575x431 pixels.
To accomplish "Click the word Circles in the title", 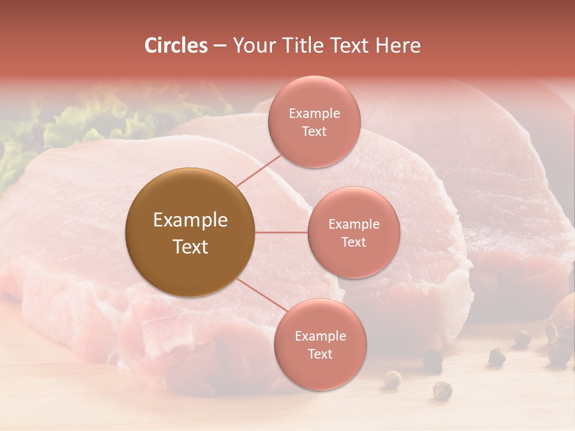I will tap(175, 45).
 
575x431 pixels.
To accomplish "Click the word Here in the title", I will tap(401, 45).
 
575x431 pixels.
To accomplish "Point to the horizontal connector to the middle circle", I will tap(282, 232).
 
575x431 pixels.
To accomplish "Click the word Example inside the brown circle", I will tap(190, 220).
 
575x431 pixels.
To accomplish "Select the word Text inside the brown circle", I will tap(190, 247).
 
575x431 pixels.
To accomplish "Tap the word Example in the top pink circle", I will tap(314, 114).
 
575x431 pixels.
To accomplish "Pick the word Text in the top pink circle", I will tap(314, 132).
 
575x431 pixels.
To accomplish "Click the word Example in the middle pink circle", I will tap(353, 224).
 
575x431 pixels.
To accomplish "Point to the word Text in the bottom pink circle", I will tap(320, 354).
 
